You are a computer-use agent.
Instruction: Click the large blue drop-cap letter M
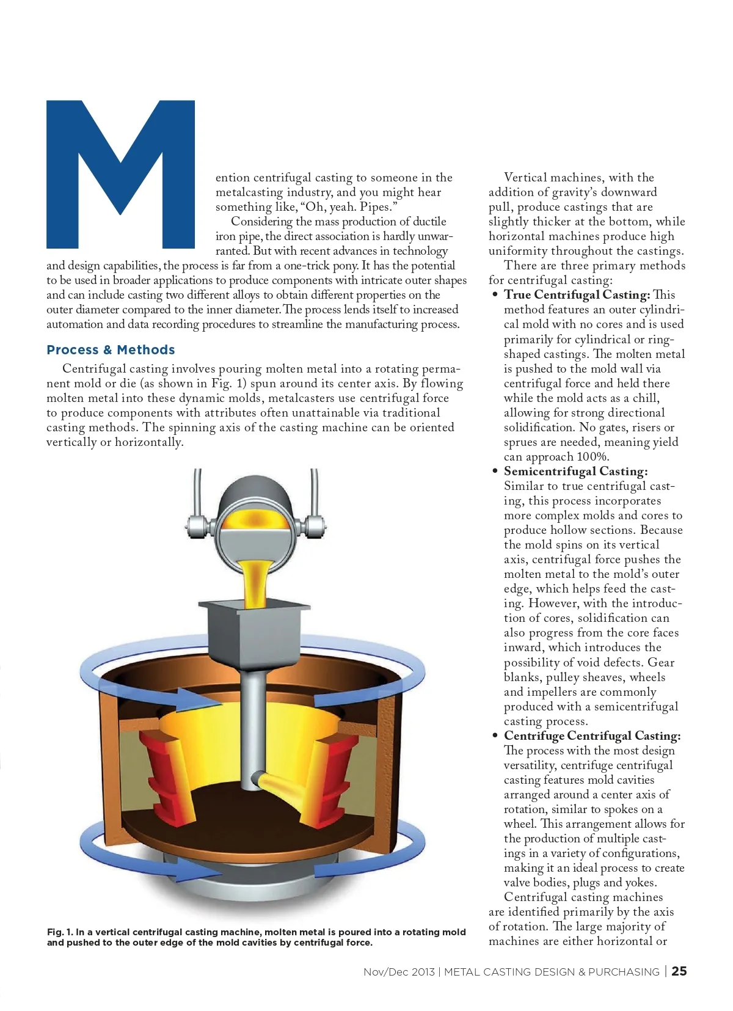pyautogui.click(x=120, y=174)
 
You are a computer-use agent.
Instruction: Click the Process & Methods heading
pyautogui.click(x=111, y=350)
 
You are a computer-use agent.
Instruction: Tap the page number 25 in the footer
pyautogui.click(x=679, y=971)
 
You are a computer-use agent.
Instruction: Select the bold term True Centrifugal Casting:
pyautogui.click(x=577, y=295)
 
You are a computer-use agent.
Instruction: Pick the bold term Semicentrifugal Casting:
pyautogui.click(x=575, y=472)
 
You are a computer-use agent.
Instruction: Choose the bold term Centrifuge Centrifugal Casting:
pyautogui.click(x=592, y=736)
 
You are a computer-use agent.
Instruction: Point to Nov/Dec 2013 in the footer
pyautogui.click(x=399, y=972)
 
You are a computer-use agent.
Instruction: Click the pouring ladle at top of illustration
pyautogui.click(x=255, y=513)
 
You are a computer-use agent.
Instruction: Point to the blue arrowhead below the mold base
pyautogui.click(x=183, y=867)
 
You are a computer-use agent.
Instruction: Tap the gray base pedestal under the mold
pyautogui.click(x=253, y=880)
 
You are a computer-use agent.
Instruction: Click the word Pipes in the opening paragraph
pyautogui.click(x=376, y=207)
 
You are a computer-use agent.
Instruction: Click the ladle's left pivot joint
pyautogui.click(x=196, y=524)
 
